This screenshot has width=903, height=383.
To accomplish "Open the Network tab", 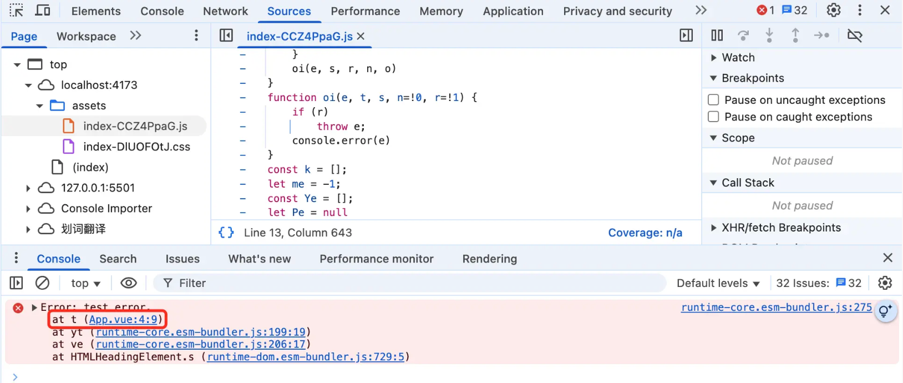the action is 225,11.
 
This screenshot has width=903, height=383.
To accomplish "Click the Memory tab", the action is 441,11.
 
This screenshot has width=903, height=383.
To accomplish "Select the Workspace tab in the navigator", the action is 87,36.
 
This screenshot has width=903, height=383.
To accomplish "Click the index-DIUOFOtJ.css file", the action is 136,147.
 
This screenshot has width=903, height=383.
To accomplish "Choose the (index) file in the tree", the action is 90,167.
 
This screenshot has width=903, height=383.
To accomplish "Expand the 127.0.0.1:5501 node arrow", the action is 28,188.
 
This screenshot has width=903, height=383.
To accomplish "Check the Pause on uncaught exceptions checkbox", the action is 713,100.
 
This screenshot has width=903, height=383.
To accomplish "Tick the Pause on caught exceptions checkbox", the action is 713,117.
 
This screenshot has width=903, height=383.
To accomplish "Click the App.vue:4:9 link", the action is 123,319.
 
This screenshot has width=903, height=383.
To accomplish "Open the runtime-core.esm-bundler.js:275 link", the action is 777,307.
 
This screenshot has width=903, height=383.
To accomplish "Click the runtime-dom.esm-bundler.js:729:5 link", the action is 306,357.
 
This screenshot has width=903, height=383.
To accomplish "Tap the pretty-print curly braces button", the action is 226,233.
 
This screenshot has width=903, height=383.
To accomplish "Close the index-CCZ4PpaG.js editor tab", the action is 361,36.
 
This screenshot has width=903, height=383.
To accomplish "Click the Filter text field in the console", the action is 415,283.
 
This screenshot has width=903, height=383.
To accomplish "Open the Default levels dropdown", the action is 718,283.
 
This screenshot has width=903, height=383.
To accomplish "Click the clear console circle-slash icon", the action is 42,283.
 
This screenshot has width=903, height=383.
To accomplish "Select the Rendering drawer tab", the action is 489,259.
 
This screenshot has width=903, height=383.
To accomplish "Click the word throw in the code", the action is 332,127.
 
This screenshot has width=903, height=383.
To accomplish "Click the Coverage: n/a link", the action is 645,233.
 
